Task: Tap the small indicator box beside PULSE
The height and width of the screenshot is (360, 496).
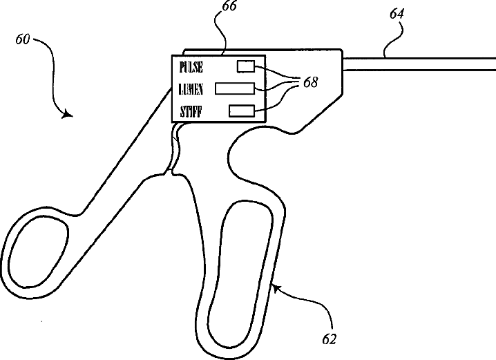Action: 246,66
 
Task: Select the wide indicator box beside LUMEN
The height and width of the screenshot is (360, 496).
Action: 236,88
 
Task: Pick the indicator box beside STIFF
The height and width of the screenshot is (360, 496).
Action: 242,110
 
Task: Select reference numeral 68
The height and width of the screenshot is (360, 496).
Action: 310,82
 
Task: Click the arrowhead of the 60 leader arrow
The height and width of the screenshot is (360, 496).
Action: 66,114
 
